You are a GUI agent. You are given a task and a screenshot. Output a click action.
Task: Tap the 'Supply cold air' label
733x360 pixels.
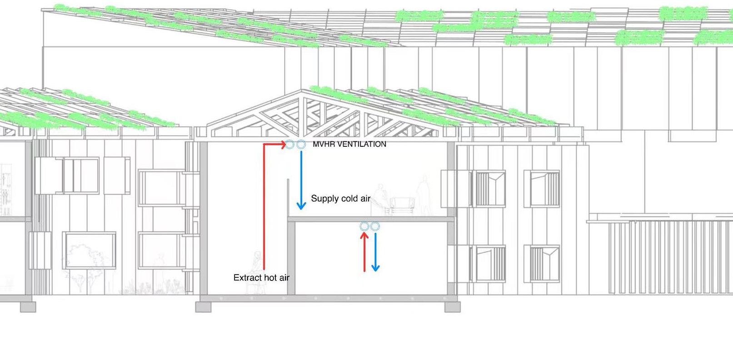[340, 199]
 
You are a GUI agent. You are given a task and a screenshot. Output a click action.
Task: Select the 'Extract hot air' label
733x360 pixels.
[261, 278]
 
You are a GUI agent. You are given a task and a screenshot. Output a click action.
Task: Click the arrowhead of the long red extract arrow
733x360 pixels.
[283, 145]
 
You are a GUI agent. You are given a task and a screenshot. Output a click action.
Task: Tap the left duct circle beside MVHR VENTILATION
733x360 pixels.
[290, 145]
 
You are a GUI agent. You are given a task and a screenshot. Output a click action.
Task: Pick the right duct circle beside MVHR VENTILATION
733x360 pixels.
[301, 145]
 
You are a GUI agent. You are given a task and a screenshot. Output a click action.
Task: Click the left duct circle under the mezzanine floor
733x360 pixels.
[364, 226]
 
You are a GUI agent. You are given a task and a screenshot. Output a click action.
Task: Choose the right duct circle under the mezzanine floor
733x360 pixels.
[375, 226]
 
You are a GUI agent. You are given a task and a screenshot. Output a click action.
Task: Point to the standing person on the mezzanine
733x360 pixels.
[424, 195]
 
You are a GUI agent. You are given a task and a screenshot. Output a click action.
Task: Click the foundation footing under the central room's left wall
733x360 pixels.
[203, 307]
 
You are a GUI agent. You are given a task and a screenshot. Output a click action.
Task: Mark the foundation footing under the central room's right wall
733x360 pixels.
[452, 307]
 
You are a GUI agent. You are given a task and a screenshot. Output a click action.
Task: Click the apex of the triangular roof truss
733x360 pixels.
[302, 91]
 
